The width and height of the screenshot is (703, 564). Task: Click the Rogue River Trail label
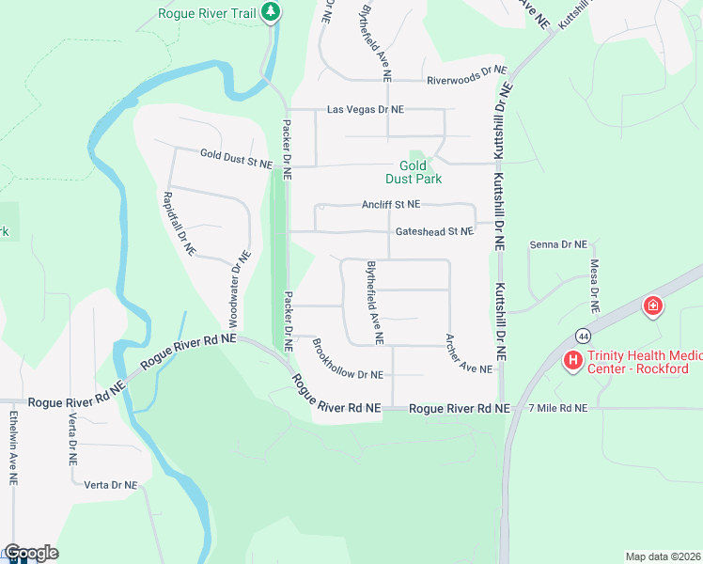(208, 13)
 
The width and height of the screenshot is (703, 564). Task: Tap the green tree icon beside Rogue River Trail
(272, 12)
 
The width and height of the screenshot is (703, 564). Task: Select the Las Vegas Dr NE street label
(365, 110)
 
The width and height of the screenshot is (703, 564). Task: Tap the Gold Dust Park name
(414, 171)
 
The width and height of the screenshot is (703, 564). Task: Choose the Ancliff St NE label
(391, 204)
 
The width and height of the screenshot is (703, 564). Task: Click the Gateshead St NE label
(434, 231)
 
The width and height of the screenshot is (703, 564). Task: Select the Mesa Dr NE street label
(594, 286)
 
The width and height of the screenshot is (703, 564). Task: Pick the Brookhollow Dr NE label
(348, 360)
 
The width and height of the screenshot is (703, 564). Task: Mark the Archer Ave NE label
(469, 354)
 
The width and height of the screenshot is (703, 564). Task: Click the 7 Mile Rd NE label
(557, 408)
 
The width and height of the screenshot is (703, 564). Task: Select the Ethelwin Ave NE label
(13, 446)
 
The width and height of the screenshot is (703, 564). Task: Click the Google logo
(31, 553)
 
